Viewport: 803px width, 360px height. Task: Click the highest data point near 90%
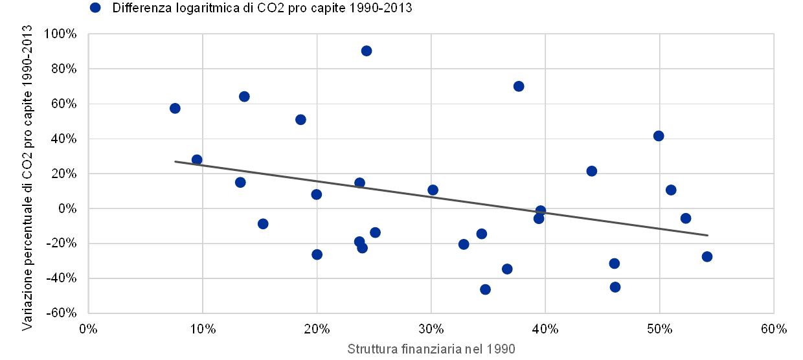366,51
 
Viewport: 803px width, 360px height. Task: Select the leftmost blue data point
175,108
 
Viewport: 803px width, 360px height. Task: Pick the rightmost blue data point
707,256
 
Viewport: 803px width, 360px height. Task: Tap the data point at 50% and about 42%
659,136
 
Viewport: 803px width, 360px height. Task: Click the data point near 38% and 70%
519,86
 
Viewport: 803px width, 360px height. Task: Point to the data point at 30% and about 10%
433,190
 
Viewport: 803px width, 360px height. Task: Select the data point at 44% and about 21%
591,171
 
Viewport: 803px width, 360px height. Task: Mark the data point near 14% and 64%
244,96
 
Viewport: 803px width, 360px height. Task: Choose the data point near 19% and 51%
300,120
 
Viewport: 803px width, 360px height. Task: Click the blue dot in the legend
96,8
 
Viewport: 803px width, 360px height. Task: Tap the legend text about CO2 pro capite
263,8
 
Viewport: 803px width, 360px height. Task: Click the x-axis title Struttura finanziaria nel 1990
431,349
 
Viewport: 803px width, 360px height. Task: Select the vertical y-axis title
27,178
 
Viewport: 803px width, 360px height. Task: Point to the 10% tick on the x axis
202,328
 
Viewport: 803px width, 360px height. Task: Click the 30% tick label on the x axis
431,328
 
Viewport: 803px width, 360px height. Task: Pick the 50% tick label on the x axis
659,328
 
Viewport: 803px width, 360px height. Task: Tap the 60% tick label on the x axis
773,328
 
